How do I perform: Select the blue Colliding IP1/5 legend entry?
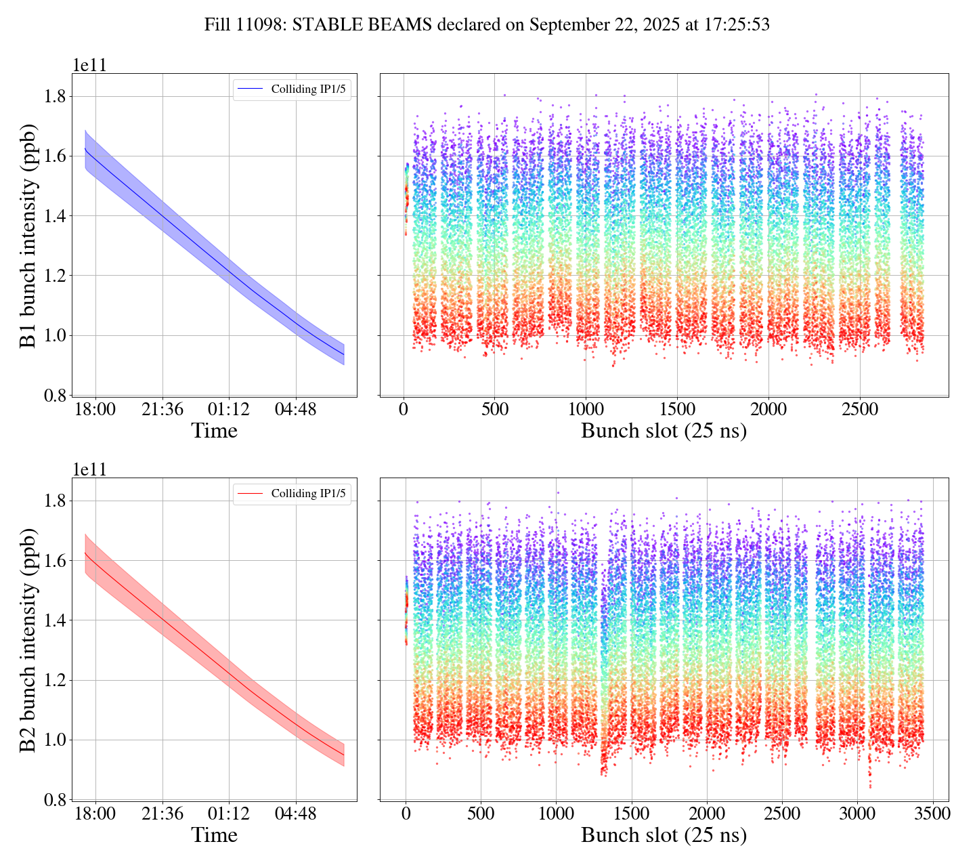292,89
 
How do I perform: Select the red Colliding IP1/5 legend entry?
292,494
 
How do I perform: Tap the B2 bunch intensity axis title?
28,639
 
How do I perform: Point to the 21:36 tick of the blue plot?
162,410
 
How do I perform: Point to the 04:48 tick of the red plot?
296,814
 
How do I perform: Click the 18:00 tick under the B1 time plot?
95,410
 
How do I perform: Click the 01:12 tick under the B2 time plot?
229,814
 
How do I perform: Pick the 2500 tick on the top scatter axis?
859,410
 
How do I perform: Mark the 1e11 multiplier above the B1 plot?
89,66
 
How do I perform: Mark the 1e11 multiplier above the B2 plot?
89,470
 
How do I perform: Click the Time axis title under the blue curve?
214,431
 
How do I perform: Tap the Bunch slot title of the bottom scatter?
664,835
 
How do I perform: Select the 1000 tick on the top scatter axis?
586,410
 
